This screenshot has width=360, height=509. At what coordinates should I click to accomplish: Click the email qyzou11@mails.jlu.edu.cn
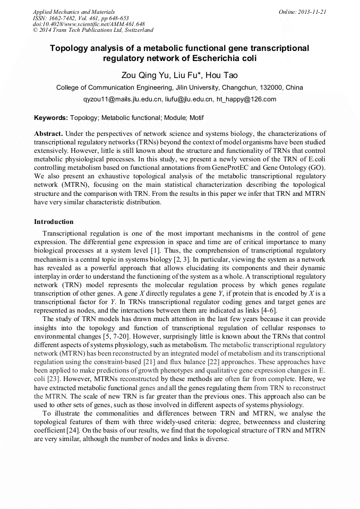point(122,99)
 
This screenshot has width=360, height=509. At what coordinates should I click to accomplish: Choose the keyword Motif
point(195,118)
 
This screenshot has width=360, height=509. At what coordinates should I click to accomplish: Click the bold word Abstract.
point(48,134)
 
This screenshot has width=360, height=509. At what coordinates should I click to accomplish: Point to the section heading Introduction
point(54,222)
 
